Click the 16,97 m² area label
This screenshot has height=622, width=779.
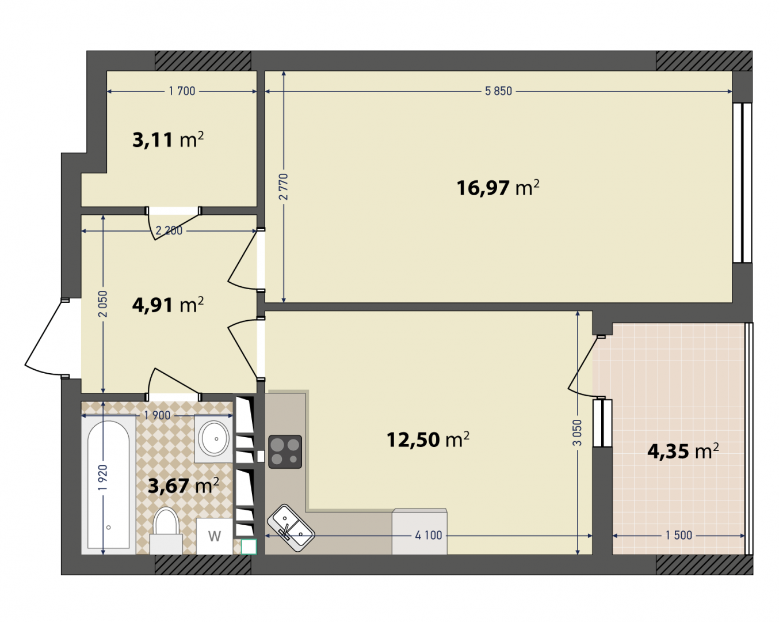click(498, 188)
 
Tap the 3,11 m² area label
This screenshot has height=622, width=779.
click(168, 139)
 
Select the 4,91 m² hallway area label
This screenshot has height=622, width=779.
click(168, 305)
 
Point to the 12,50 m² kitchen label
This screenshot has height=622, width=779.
click(428, 439)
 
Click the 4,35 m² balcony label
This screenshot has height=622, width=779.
click(683, 452)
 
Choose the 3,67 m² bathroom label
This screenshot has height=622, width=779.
click(184, 486)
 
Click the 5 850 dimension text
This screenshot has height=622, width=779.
click(498, 91)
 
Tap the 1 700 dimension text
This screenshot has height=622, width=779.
click(182, 91)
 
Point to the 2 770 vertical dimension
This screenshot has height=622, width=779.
click(284, 187)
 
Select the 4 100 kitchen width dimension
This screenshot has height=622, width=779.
click(428, 536)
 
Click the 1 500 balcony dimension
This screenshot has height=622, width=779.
click(679, 536)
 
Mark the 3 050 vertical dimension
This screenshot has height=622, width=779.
click(578, 433)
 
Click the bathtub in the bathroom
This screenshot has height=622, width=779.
click(109, 484)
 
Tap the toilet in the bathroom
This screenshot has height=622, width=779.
click(166, 531)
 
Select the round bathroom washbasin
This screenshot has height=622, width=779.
click(215, 439)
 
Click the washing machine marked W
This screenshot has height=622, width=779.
click(214, 536)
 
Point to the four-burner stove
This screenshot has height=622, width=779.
click(285, 452)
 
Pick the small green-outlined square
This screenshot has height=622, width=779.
click(249, 547)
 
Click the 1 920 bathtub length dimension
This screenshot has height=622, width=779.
click(103, 478)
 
